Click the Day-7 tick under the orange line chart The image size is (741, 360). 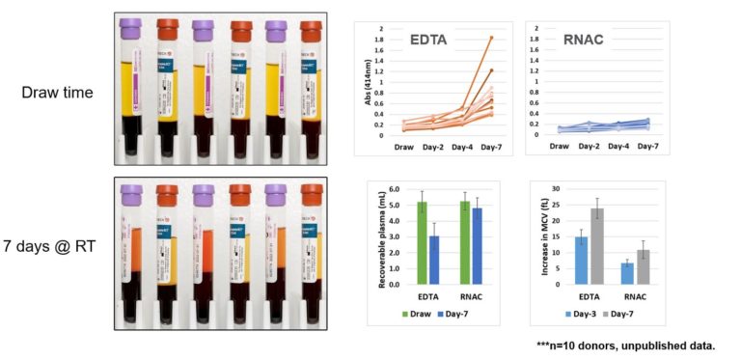click(490, 149)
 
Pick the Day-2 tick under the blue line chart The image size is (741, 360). click(590, 149)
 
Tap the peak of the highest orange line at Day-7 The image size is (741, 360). click(491, 38)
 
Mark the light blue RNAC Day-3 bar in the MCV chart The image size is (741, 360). click(627, 273)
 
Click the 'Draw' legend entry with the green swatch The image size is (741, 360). click(417, 315)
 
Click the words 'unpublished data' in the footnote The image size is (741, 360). click(674, 344)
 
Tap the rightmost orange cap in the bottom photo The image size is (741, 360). click(311, 194)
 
